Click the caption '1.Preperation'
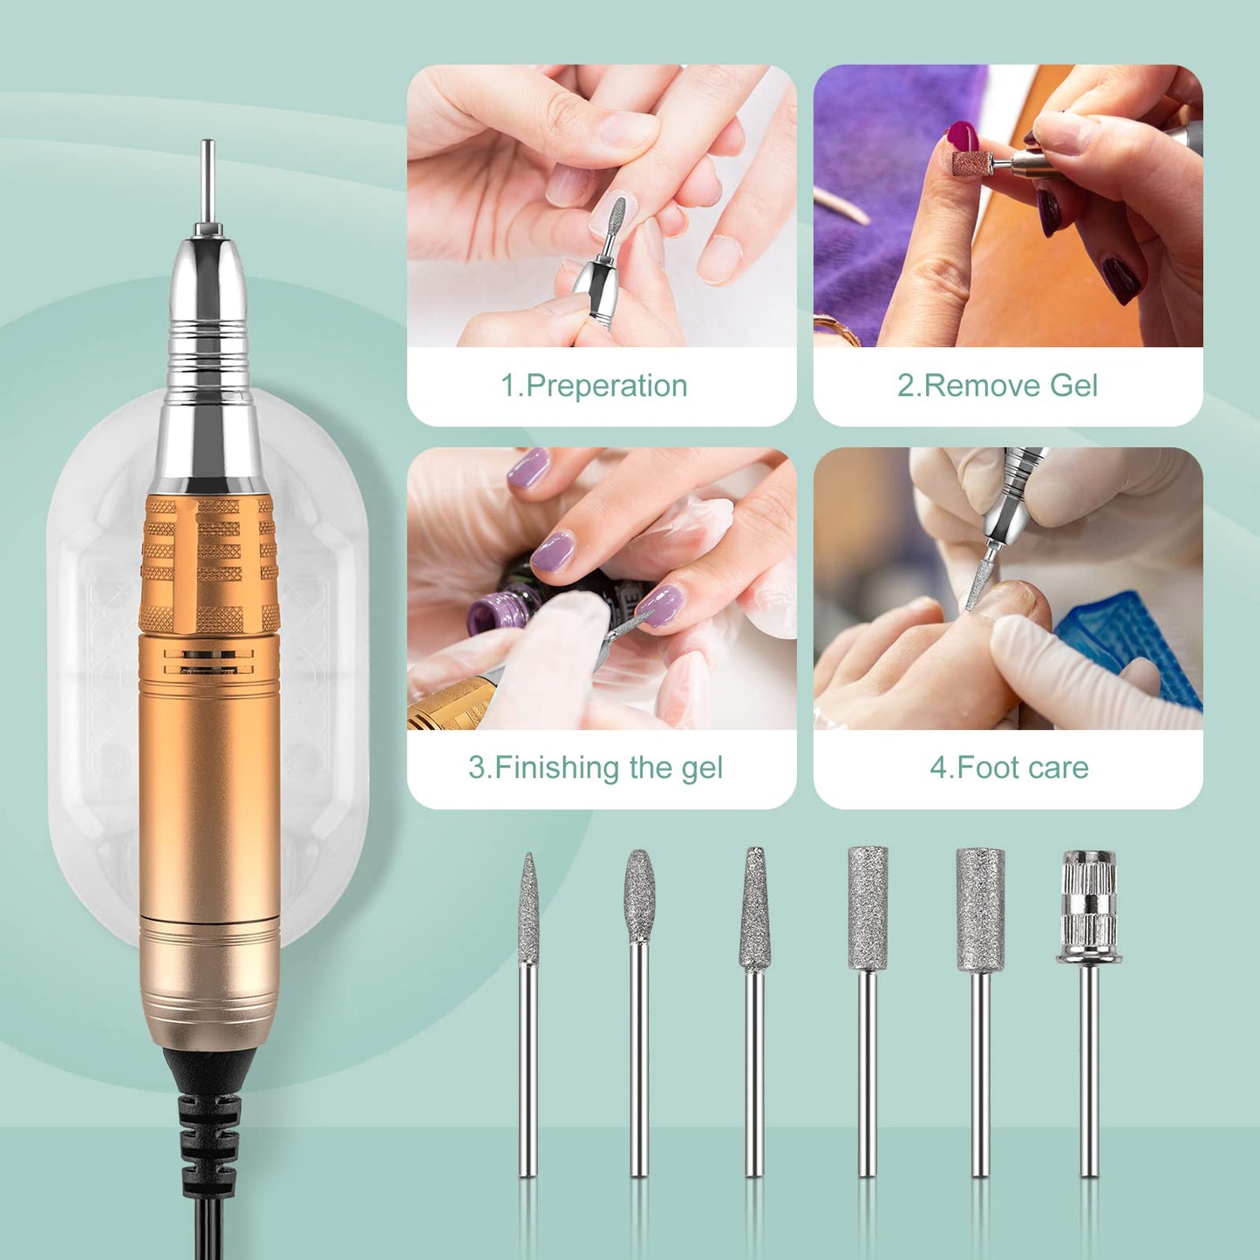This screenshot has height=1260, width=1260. [x=594, y=385]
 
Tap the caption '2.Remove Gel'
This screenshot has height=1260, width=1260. [x=998, y=385]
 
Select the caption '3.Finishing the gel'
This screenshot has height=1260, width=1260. [x=596, y=767]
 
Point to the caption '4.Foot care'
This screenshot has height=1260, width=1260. [x=1009, y=767]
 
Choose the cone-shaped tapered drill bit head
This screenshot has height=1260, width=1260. [x=755, y=911]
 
